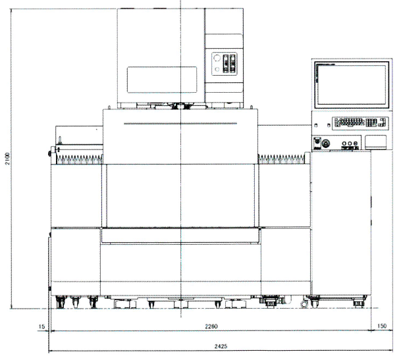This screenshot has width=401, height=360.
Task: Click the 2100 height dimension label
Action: [8, 159]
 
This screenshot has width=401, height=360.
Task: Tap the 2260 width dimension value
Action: [211, 326]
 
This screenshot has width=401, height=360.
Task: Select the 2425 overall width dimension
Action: [221, 346]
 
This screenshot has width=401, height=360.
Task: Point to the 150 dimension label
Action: [381, 326]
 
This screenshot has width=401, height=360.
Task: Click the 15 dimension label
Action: [41, 326]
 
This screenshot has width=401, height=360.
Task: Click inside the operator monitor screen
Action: [352, 84]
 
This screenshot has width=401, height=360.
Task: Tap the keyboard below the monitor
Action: [360, 123]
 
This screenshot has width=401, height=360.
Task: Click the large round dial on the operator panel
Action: [326, 143]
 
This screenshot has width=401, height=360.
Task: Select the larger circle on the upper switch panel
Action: [217, 58]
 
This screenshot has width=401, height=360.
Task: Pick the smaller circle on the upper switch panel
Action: [217, 69]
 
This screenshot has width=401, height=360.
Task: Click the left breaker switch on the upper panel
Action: [226, 63]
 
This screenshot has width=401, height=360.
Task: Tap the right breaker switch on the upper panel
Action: [232, 63]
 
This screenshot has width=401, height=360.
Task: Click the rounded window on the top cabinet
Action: [162, 80]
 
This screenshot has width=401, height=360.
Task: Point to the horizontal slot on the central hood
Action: [180, 124]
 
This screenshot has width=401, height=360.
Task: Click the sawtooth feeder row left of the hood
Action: [79, 159]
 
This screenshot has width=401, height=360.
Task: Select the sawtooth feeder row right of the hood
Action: [282, 159]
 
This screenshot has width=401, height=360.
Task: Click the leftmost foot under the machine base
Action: [61, 302]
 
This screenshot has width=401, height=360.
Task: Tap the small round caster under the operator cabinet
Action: [304, 304]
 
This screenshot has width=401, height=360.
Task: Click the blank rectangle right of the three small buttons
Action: [375, 142]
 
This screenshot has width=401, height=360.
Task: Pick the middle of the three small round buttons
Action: [350, 143]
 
